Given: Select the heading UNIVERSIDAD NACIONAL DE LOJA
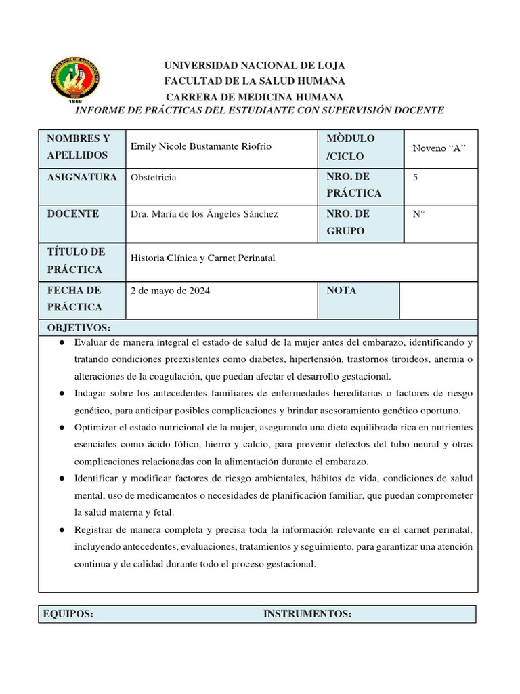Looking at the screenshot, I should pos(256,66).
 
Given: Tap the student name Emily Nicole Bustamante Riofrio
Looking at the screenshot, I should pos(201,147).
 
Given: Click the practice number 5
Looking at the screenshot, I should pos(415,177).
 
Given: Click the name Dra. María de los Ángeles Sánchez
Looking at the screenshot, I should pos(204,214).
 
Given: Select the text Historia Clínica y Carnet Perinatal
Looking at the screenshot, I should pos(202,258).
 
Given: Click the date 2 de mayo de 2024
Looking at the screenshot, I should pos(170,291).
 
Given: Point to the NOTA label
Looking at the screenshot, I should pos(341,291).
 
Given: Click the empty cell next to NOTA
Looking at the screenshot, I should pos(438,300).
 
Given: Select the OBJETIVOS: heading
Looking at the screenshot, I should pos(78,327).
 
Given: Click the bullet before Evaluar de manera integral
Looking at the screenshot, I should pos(62,343).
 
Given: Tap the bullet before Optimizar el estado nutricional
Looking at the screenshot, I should pos(62,428).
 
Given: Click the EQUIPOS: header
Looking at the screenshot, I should pos(68,614).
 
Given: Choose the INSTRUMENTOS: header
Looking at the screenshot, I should pos(307,614).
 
